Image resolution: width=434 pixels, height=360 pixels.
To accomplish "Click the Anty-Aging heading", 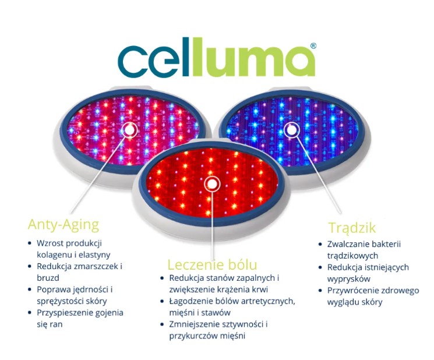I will click(63, 224).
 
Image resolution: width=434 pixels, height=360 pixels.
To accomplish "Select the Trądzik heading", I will click(352, 227).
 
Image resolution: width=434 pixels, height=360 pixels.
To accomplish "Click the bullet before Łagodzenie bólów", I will click(163, 301).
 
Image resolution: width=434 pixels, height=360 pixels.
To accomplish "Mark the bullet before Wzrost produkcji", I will click(30, 243).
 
